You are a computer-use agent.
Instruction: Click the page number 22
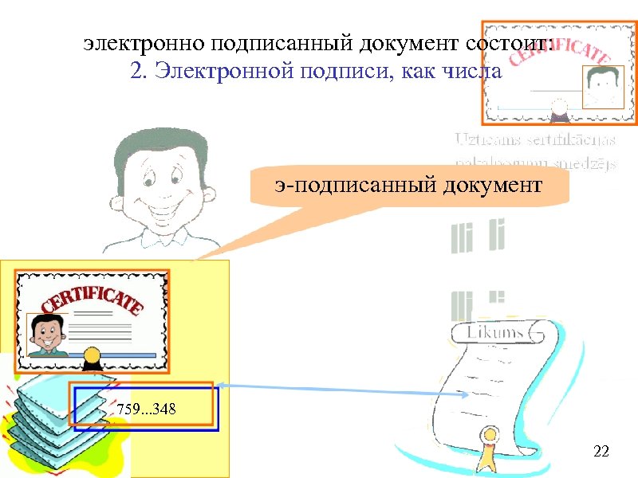click(x=602, y=453)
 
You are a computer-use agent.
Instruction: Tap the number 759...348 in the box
click(x=147, y=409)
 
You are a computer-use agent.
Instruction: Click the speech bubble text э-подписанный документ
click(x=407, y=186)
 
